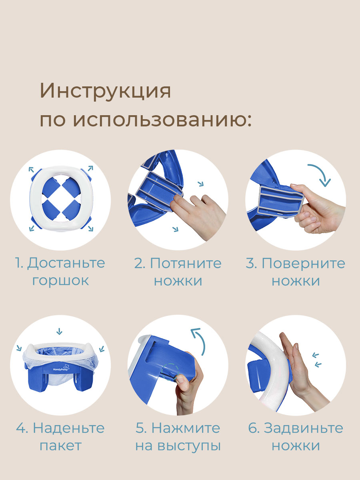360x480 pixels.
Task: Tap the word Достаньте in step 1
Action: tap(66, 263)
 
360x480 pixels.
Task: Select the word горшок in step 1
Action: tap(60, 280)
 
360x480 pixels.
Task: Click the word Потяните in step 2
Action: tap(186, 263)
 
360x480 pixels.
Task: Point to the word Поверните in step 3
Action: tap(303, 263)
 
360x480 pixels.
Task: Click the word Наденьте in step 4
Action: tap(69, 428)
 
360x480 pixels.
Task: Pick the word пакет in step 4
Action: tap(60, 445)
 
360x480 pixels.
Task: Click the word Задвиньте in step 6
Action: tap(303, 428)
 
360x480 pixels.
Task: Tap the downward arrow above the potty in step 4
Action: tap(60, 331)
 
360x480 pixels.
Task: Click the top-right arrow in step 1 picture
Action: tap(90, 168)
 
